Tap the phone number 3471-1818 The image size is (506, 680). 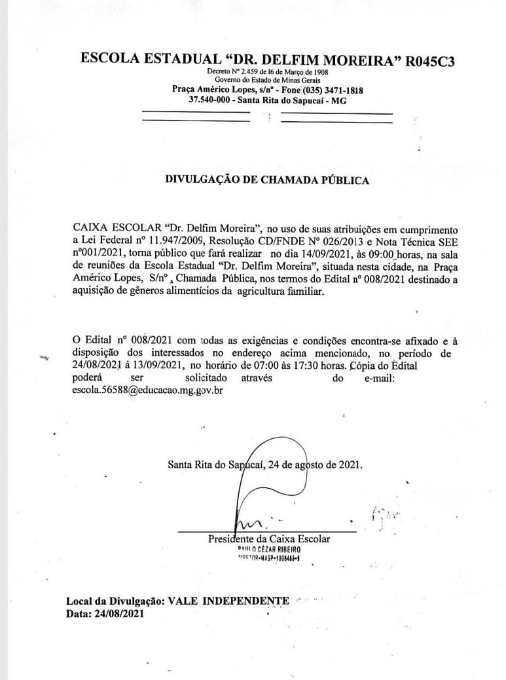click(340, 90)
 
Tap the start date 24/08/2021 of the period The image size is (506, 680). click(98, 365)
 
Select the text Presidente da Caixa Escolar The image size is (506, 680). click(269, 539)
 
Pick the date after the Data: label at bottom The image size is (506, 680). click(117, 613)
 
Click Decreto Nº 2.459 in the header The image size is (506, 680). click(236, 72)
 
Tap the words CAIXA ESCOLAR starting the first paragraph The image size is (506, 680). click(114, 228)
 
